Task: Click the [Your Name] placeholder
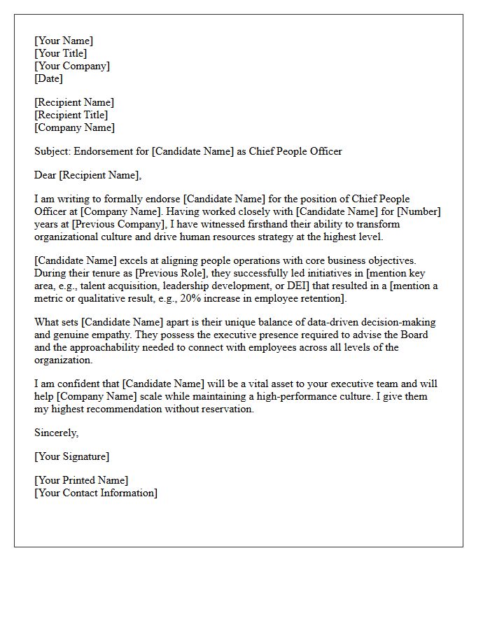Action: click(x=64, y=41)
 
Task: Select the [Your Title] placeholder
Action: click(x=61, y=53)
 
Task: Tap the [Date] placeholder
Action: click(x=49, y=78)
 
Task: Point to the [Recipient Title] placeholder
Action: click(x=71, y=115)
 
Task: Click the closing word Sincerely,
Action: click(x=57, y=433)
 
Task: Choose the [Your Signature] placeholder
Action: click(x=71, y=456)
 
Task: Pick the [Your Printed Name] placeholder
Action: click(x=81, y=480)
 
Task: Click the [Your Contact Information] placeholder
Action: click(x=96, y=493)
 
